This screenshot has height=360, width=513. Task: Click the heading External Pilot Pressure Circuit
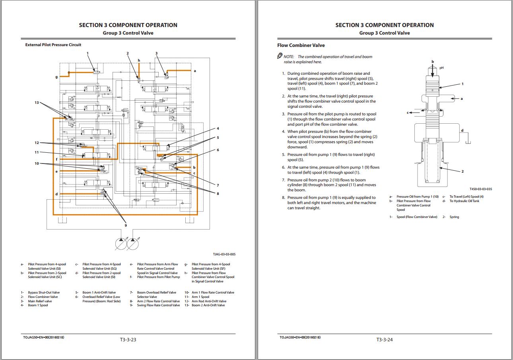coord(53,45)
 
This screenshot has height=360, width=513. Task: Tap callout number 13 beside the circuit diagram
coord(37,103)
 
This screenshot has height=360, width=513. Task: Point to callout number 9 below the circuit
coord(126,226)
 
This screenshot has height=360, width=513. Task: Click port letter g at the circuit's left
coord(56,77)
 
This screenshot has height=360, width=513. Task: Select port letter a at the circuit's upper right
coord(195,71)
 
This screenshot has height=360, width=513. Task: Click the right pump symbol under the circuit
coord(133,243)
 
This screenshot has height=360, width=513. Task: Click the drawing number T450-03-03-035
coord(480,189)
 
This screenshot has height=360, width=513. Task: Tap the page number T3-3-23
coord(128,340)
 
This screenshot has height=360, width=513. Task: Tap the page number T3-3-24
coord(385,340)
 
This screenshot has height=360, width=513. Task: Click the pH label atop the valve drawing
coord(441,68)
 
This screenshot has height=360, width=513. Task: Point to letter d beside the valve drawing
coord(462,130)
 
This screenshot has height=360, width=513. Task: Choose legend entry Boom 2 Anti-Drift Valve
coord(208,306)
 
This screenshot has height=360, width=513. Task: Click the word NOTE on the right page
coord(288,57)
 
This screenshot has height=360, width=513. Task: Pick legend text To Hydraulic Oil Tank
coord(464,201)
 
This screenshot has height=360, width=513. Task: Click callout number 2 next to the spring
coord(462,171)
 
